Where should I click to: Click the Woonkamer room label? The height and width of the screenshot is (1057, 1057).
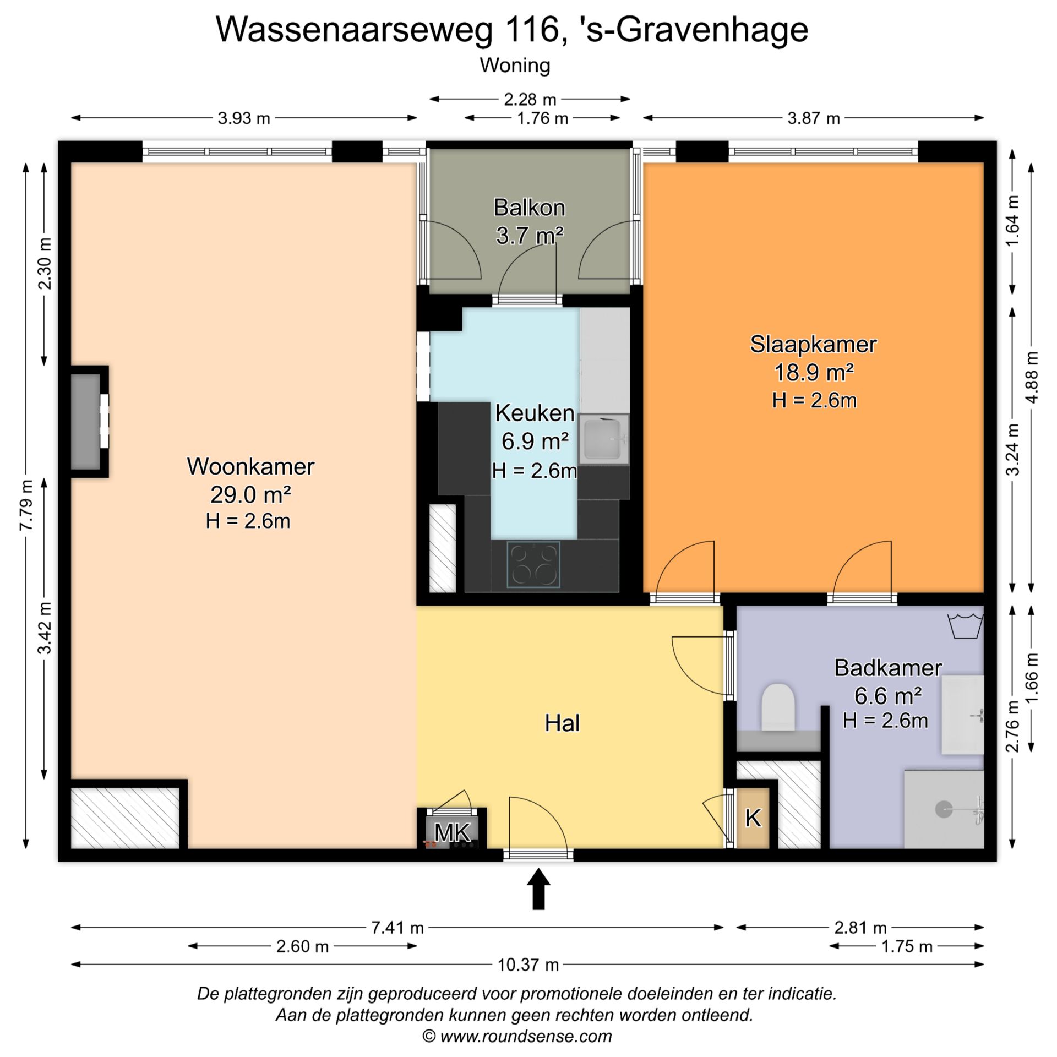250,466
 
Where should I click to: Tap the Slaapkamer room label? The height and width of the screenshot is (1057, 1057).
813,345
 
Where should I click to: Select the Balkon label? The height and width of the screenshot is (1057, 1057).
529,208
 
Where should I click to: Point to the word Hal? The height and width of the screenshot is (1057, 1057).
562,723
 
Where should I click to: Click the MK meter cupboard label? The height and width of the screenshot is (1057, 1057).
452,832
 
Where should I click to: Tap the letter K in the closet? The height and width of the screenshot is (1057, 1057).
753,818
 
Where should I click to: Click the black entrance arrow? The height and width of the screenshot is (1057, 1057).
538,889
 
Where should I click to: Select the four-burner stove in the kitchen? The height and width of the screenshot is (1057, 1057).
533,564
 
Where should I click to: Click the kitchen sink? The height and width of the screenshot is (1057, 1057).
604,439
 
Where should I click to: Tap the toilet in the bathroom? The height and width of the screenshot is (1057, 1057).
777,707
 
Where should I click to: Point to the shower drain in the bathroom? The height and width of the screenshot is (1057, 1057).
944,809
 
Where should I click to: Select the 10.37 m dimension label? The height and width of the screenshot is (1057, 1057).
528,965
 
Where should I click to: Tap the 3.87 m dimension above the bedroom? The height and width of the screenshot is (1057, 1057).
813,118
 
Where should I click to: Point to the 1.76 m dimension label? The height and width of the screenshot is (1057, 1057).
542,118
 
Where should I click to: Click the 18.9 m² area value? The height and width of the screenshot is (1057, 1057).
814,373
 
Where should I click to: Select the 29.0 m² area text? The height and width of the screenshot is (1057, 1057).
250,494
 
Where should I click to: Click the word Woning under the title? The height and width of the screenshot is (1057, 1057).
515,66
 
